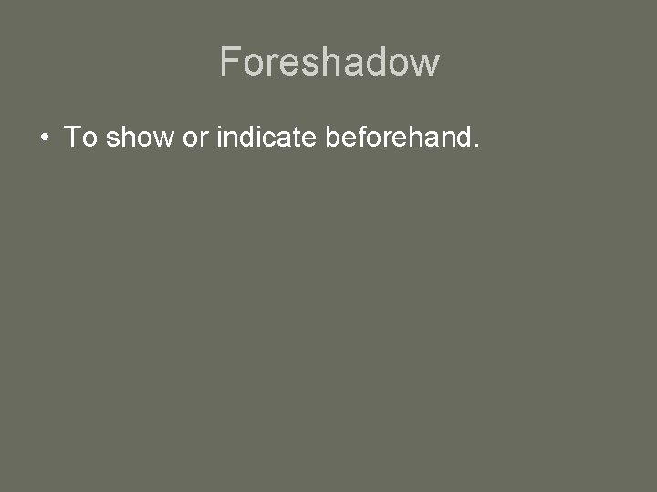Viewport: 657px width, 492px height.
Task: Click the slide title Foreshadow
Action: pos(329,62)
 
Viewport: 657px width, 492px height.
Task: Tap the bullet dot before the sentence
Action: pos(43,138)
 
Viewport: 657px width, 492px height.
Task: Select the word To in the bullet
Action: pos(80,138)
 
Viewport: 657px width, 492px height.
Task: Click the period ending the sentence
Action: pos(475,145)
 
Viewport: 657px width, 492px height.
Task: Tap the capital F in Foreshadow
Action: pos(230,62)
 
